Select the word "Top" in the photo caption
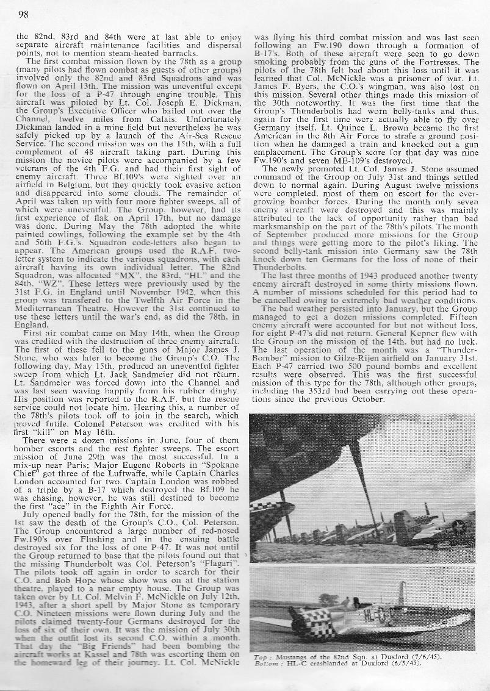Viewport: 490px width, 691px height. point(259,656)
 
